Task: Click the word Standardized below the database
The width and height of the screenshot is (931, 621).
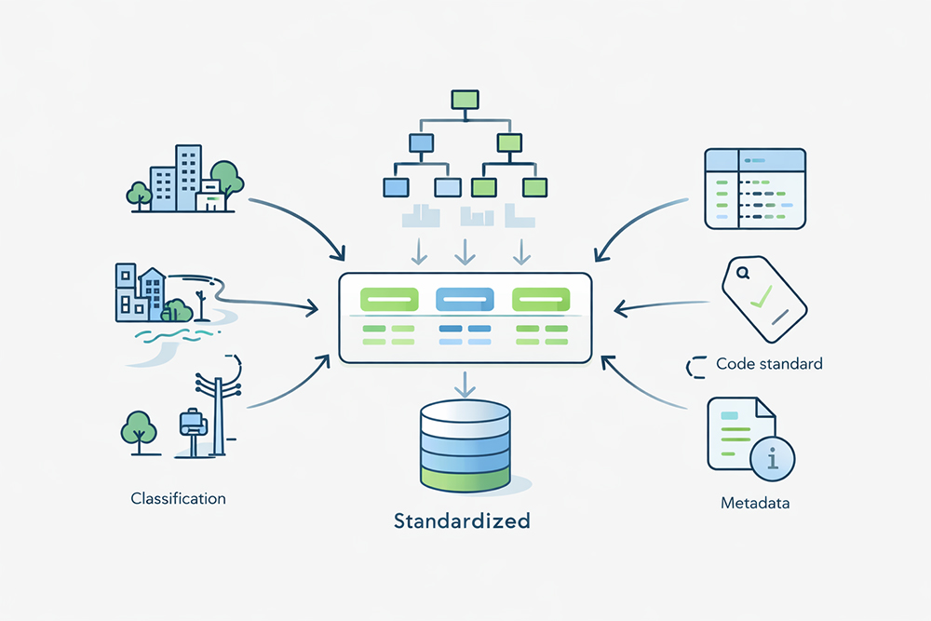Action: (462, 520)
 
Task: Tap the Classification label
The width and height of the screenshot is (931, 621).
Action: (178, 498)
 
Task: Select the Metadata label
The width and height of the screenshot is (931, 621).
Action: (755, 504)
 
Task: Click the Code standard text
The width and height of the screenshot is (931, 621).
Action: (769, 363)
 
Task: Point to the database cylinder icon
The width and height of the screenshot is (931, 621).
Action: (465, 445)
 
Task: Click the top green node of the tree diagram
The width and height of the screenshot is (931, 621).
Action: (464, 98)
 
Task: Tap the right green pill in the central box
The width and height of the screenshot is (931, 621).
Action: (541, 299)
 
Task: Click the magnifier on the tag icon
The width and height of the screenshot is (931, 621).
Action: (743, 274)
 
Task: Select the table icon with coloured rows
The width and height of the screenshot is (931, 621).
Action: (755, 189)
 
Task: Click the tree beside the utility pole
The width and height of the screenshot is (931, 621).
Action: (138, 429)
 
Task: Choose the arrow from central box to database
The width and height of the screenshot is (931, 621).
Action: (464, 383)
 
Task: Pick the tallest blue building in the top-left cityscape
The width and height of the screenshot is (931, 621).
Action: (188, 177)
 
